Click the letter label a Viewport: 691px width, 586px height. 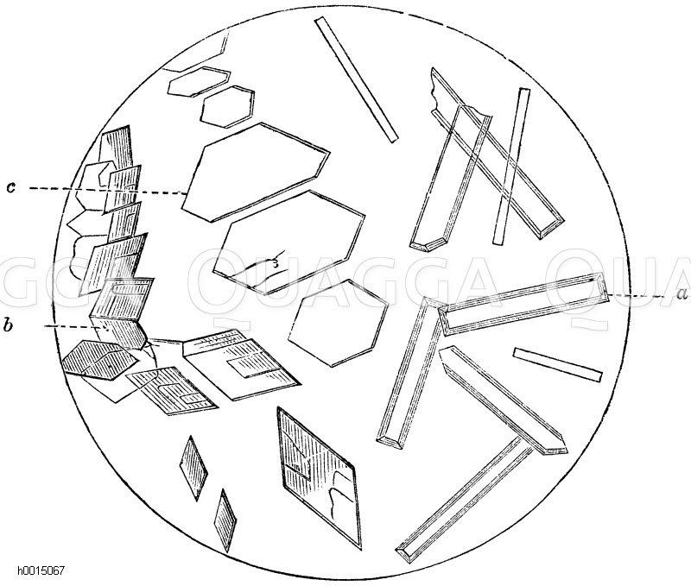[x=681, y=293]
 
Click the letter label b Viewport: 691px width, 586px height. [x=8, y=325]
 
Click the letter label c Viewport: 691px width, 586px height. [x=11, y=186]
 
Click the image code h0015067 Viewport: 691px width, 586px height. [x=41, y=571]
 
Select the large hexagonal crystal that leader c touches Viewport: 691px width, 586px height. [x=256, y=172]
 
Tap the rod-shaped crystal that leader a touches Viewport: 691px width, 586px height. [x=524, y=304]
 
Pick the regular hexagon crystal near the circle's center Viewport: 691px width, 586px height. [x=339, y=323]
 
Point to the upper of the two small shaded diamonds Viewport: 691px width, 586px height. [x=193, y=468]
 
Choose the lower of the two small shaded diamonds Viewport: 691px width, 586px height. [x=225, y=520]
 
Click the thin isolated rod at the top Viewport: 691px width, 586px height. [x=357, y=79]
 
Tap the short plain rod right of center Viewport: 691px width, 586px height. [x=557, y=364]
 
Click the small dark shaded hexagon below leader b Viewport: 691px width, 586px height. [x=100, y=359]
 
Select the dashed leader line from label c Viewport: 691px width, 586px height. [x=106, y=190]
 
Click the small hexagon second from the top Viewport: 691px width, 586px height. [x=227, y=107]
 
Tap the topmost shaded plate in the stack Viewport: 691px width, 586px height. [x=116, y=148]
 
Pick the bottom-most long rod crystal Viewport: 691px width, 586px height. [x=465, y=499]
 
